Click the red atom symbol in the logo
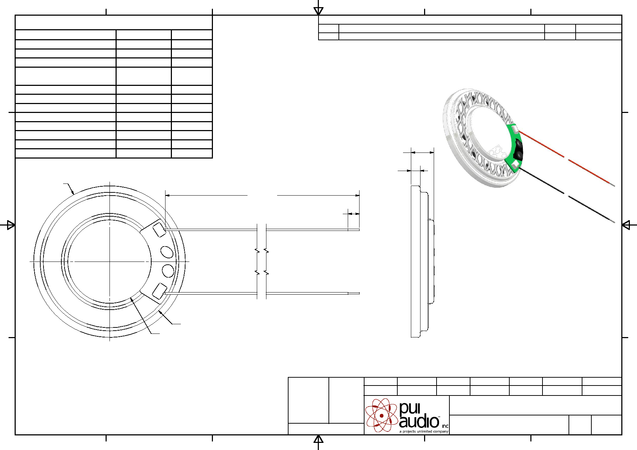coord(381,415)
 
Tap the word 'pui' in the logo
coord(410,409)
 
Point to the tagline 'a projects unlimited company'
coord(424,431)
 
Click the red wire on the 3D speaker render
coord(566,158)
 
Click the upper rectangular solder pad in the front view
coord(159,229)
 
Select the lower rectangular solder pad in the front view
coord(159,291)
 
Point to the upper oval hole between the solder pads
coord(167,252)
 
